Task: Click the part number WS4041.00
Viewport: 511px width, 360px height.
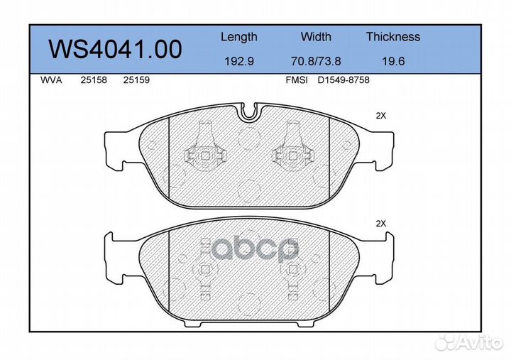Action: pos(114,49)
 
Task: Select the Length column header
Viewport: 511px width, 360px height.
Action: pos(239,37)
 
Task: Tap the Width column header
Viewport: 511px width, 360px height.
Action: pos(316,37)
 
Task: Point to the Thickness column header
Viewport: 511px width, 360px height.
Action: pos(393,37)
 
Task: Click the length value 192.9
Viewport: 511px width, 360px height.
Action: pos(239,62)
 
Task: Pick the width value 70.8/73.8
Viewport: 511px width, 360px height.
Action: pos(316,62)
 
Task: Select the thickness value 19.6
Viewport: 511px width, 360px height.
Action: pos(393,62)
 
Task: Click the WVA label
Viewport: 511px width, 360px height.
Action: pos(51,80)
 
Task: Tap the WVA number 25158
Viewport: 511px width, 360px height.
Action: pos(94,80)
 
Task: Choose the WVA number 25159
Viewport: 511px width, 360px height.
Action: pos(136,80)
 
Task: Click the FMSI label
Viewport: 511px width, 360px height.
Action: pos(296,80)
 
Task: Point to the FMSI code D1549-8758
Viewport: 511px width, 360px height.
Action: pos(344,80)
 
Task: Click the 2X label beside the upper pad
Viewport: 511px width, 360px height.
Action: pos(380,116)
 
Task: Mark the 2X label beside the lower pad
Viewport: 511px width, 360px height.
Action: pos(380,223)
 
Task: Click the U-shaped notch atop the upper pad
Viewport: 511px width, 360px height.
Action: pos(249,111)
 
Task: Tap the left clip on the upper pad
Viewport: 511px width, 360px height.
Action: pos(204,151)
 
